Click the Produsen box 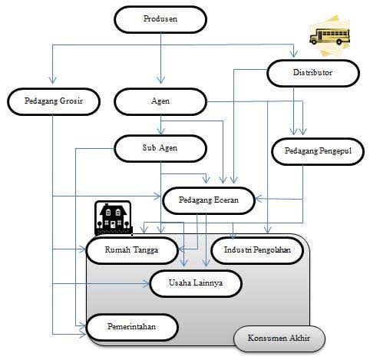click(x=160, y=19)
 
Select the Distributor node click(x=313, y=73)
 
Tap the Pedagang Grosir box click(x=54, y=101)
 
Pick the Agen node click(x=160, y=101)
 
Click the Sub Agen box click(x=160, y=148)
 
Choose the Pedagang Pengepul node click(x=318, y=151)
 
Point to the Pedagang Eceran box click(x=209, y=200)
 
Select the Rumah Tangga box click(x=132, y=250)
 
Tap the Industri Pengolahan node click(x=257, y=250)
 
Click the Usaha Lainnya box click(x=196, y=283)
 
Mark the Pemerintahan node click(x=132, y=327)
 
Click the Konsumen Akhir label click(x=279, y=339)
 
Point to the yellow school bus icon click(x=329, y=36)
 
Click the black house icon click(x=113, y=218)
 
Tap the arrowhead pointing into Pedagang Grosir click(x=53, y=80)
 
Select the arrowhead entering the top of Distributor click(x=293, y=54)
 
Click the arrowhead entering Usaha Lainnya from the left click(x=146, y=283)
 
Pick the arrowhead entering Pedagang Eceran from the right click(x=259, y=199)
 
